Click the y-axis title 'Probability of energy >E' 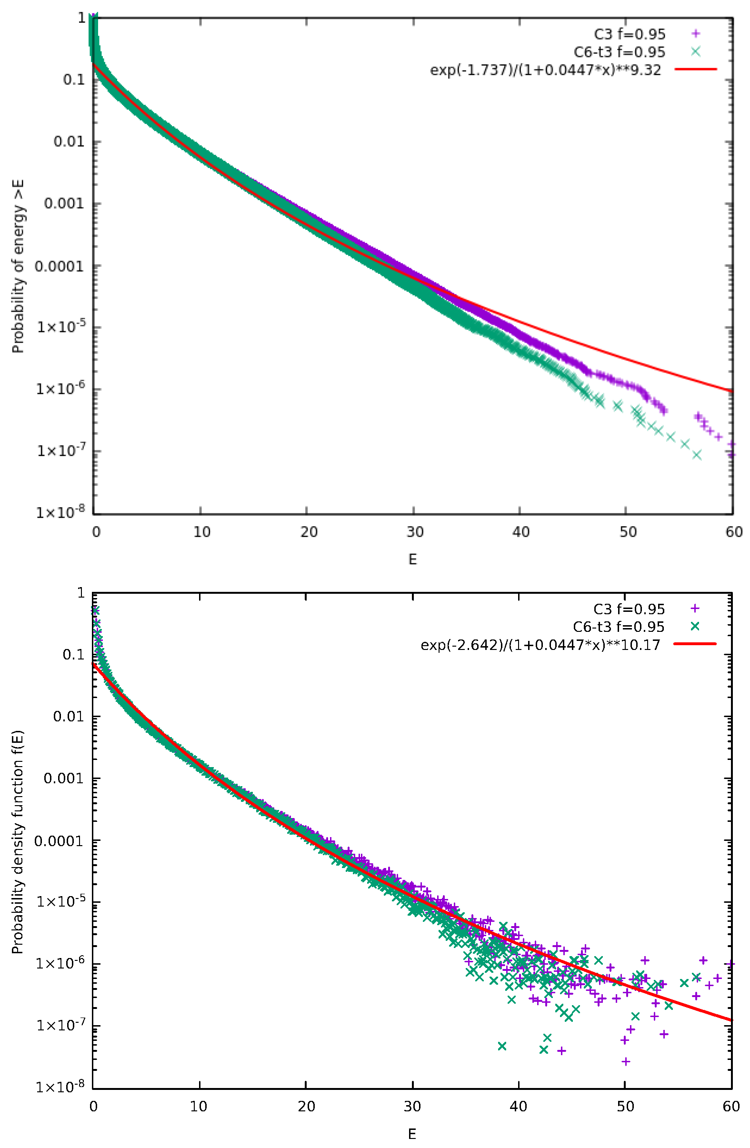(18, 266)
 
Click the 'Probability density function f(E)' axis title (18, 842)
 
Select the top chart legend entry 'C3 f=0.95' (629, 34)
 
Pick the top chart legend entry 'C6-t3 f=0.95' (619, 52)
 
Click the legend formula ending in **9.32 (545, 70)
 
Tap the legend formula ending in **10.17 (540, 645)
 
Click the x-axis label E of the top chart (412, 559)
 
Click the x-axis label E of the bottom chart (412, 1134)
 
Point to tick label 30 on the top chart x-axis (414, 532)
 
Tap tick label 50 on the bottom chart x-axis (625, 1106)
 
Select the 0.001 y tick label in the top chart (64, 203)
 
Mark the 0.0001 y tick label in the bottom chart (59, 841)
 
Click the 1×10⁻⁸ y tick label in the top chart (60, 512)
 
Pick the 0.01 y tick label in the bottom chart (69, 717)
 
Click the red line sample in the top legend (696, 70)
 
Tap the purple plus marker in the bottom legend (695, 609)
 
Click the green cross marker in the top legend (695, 51)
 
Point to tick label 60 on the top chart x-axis (733, 532)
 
